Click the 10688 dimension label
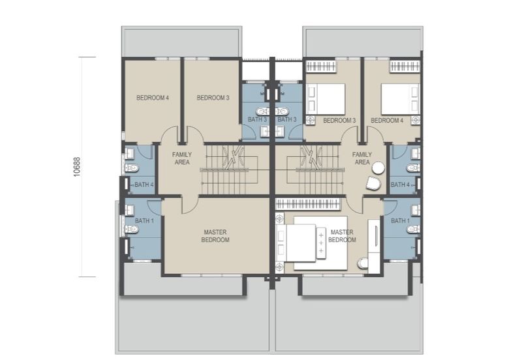coord(77,166)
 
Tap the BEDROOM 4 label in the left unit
coord(153,98)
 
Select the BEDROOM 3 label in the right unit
coord(339,121)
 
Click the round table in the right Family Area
coord(378,168)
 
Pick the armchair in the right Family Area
coord(373,183)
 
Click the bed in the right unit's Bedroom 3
coord(326,99)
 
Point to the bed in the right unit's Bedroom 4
coord(400,99)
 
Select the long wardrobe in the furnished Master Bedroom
coord(308,204)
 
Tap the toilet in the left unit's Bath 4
coord(132,168)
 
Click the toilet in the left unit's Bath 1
coord(132,229)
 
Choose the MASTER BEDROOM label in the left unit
coord(215,236)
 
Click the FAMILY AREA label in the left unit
coord(182,158)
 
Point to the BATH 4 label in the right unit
coord(400,185)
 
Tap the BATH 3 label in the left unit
coord(257,119)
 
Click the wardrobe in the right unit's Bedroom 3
coord(321,67)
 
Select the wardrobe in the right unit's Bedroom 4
coord(405,67)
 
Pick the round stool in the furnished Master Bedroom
coord(363,263)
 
